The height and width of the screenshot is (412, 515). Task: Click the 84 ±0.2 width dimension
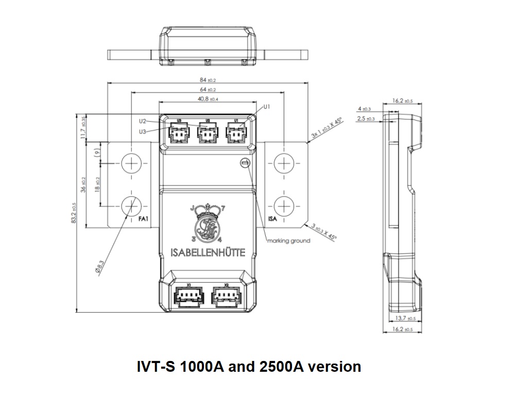point(208,80)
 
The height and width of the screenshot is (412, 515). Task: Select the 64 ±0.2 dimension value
point(208,90)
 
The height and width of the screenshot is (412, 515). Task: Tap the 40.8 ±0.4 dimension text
point(208,99)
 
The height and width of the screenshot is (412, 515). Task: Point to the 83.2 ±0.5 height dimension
point(74,213)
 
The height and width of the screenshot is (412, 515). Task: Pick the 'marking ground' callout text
point(288,241)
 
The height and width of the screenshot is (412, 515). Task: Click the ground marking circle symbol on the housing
point(245,163)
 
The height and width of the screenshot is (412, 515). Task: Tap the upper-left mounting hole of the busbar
point(132,163)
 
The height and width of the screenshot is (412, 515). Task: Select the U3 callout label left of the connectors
point(143,131)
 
